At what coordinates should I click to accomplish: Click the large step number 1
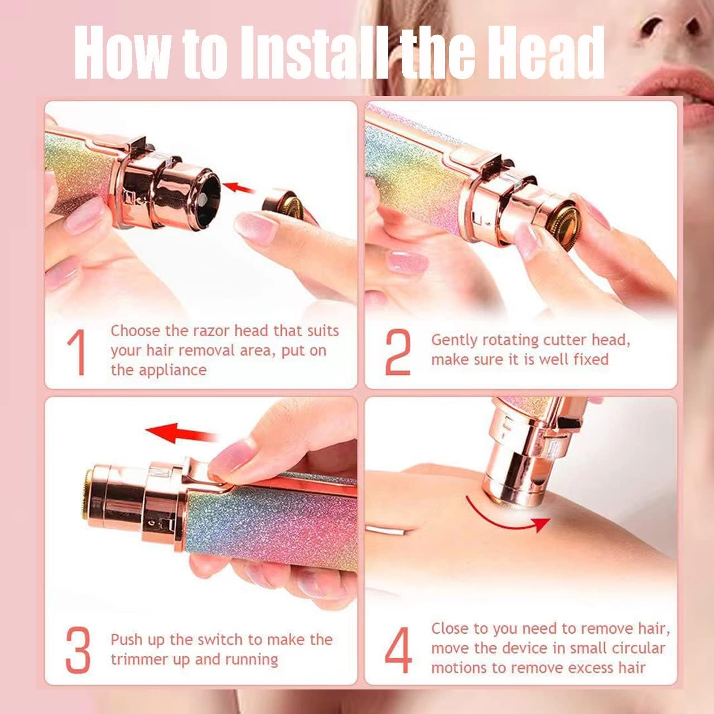(78, 353)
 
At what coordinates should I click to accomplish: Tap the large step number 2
(398, 353)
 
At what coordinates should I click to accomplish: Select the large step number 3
(78, 650)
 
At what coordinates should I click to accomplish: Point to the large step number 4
(399, 650)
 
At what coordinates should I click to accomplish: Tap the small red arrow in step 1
(238, 186)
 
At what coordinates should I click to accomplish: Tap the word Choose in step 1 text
(135, 331)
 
